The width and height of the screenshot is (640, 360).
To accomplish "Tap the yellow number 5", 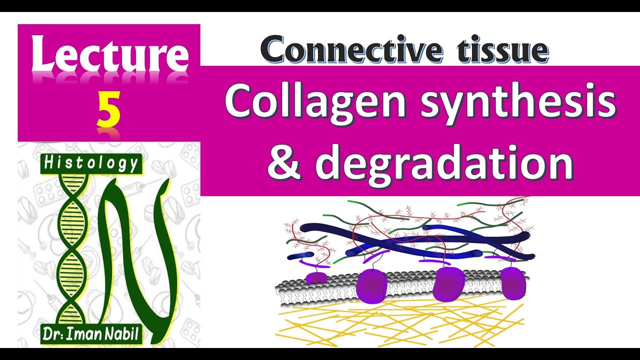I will tap(108, 111).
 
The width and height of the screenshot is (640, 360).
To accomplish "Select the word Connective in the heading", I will tap(345, 50).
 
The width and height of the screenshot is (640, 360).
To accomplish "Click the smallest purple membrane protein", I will tap(316, 277).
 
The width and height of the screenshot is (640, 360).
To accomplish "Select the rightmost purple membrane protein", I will tap(513, 282).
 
